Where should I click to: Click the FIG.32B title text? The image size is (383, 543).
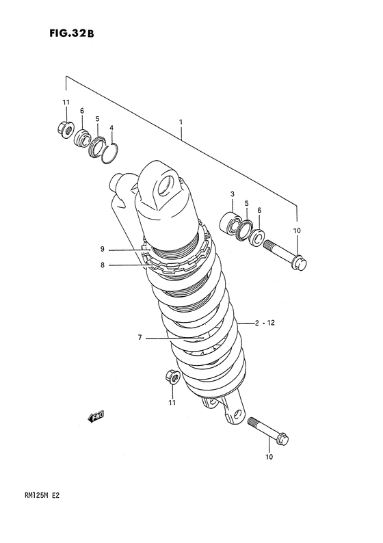pyautogui.click(x=71, y=34)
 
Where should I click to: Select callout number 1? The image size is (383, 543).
pyautogui.click(x=181, y=122)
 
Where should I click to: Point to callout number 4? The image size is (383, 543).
pyautogui.click(x=111, y=127)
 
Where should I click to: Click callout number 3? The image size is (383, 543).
pyautogui.click(x=233, y=194)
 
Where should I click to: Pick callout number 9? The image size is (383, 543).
pyautogui.click(x=102, y=249)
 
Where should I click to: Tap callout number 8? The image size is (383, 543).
pyautogui.click(x=102, y=265)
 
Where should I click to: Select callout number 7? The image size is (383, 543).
pyautogui.click(x=140, y=337)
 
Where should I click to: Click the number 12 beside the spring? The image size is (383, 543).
pyautogui.click(x=271, y=323)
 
